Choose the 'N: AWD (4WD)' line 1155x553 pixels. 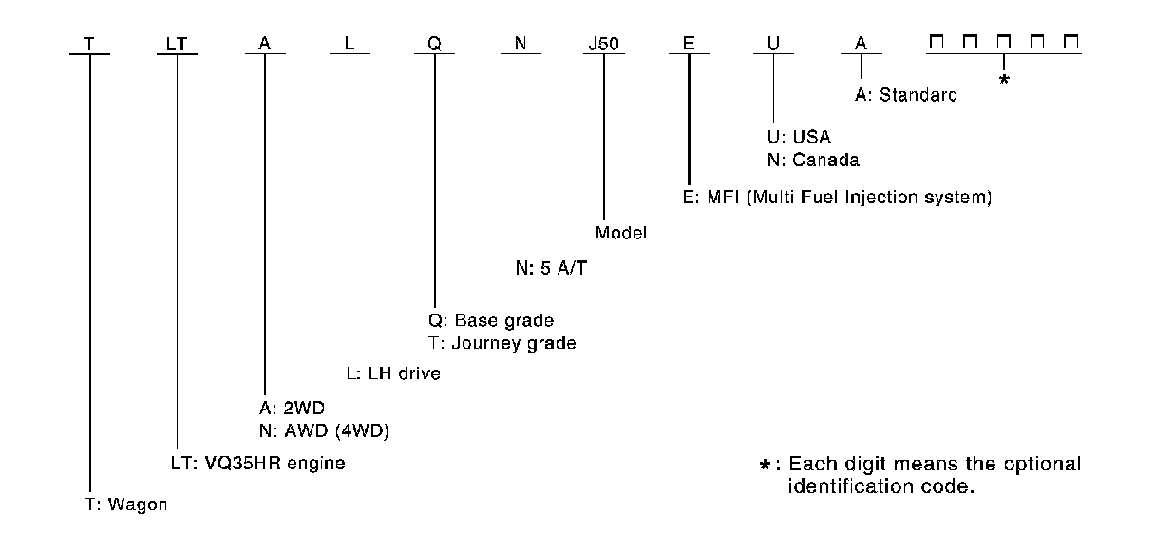click(x=317, y=431)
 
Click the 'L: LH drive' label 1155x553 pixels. click(x=392, y=373)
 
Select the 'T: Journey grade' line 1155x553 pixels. click(x=502, y=342)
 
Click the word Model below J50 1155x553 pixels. click(x=621, y=232)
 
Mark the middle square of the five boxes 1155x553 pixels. click(x=1004, y=43)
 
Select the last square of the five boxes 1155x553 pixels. click(x=1071, y=43)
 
